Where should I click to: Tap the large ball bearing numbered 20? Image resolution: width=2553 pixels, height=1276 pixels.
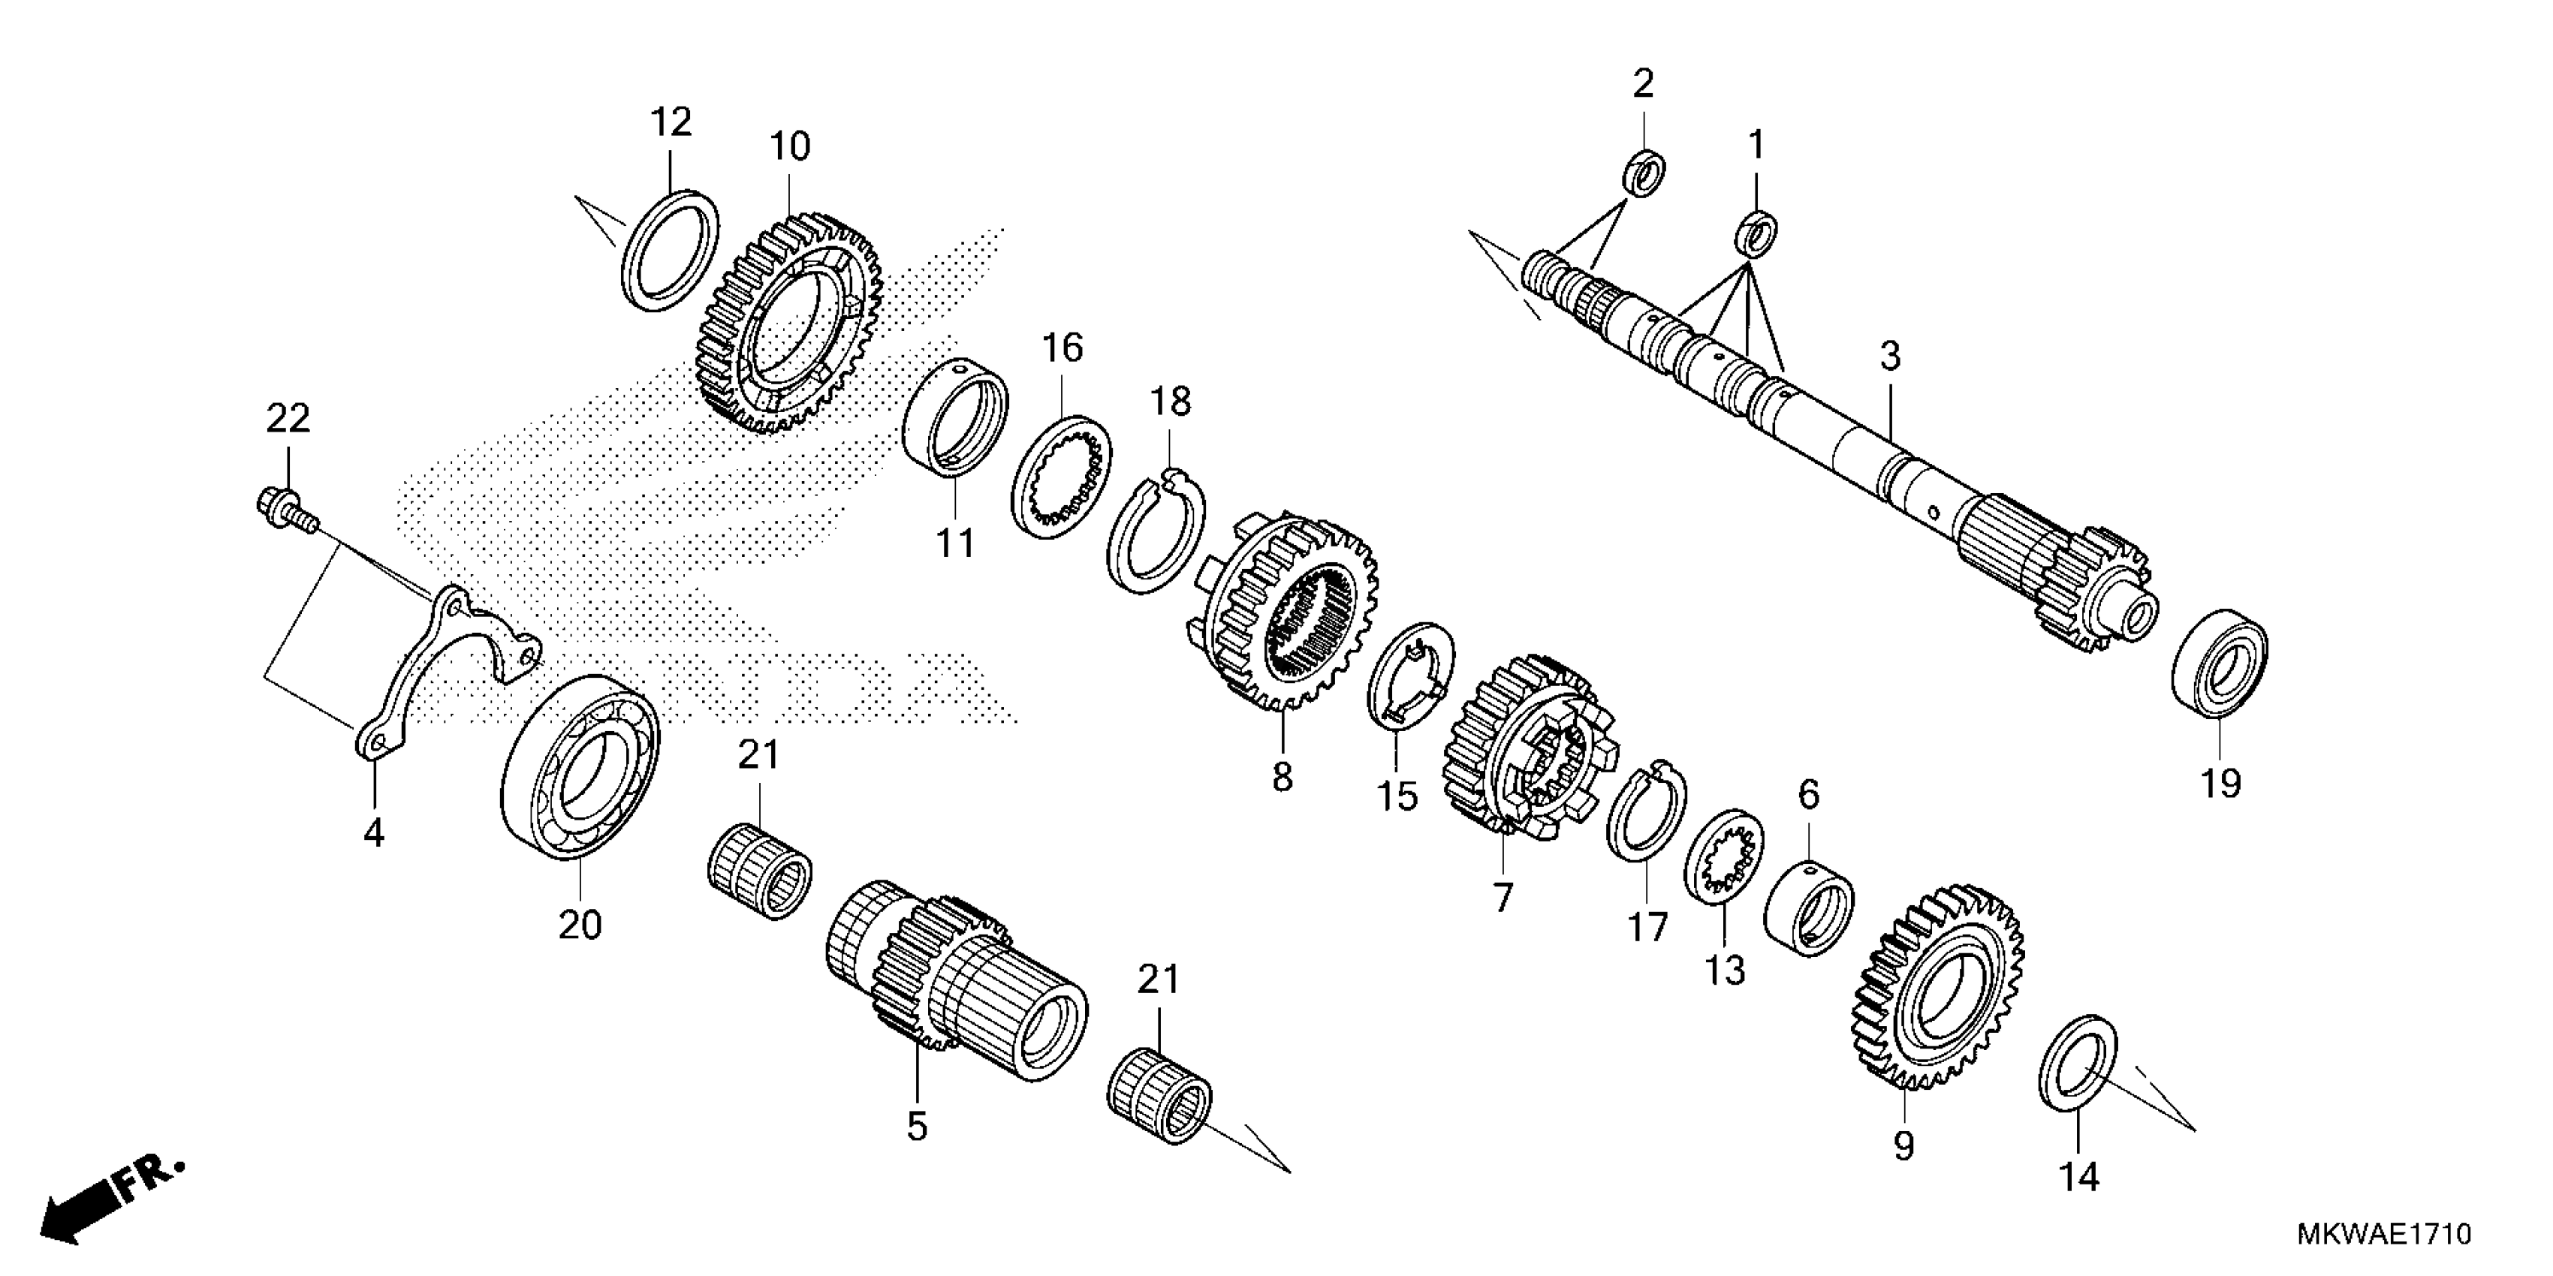pyautogui.click(x=580, y=768)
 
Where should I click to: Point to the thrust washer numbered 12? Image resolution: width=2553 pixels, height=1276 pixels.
pyautogui.click(x=671, y=251)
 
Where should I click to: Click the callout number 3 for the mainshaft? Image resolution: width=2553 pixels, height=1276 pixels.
pyautogui.click(x=1890, y=356)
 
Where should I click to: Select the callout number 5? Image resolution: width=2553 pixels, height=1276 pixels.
pyautogui.click(x=917, y=1127)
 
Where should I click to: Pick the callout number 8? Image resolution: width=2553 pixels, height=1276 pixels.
pyautogui.click(x=1283, y=777)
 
